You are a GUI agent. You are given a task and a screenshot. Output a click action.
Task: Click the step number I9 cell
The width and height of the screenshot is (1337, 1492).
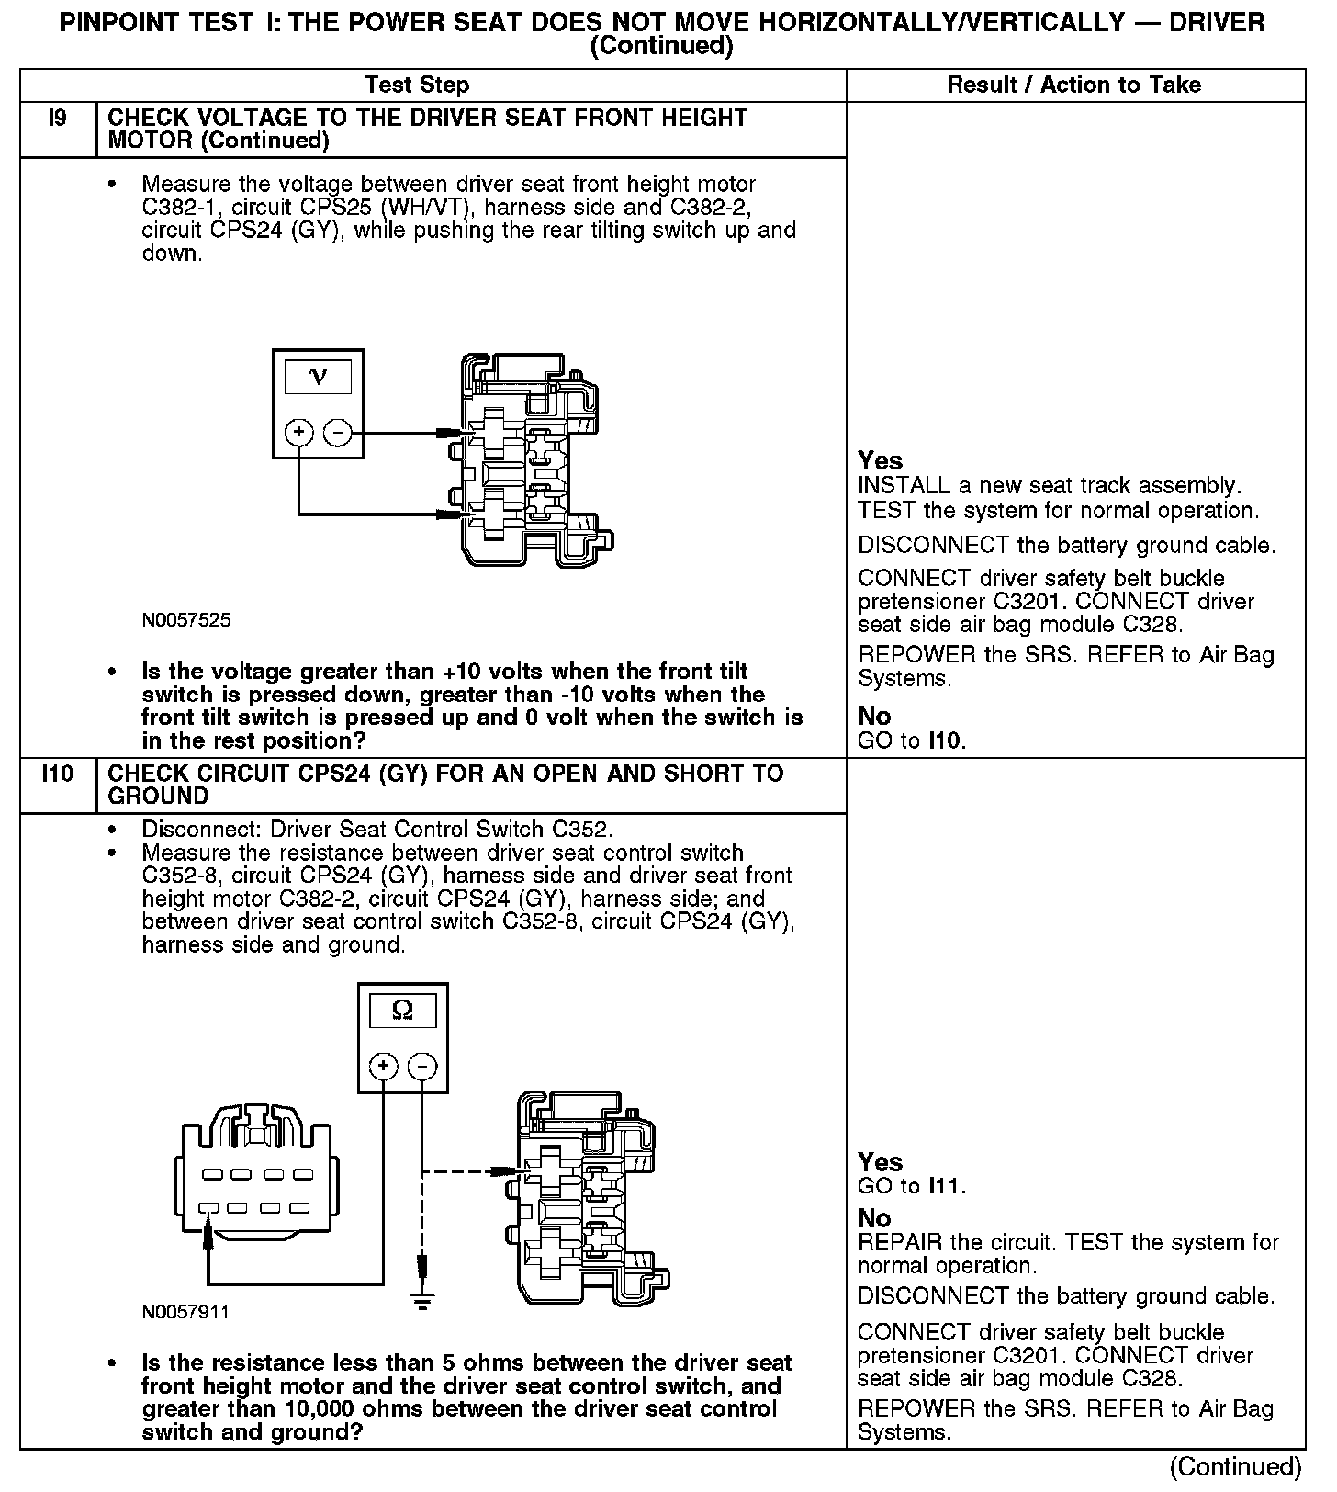point(57,119)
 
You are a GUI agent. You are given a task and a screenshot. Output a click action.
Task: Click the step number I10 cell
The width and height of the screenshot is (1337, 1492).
point(57,774)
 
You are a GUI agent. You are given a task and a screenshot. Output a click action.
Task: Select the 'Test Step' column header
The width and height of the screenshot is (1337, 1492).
point(417,85)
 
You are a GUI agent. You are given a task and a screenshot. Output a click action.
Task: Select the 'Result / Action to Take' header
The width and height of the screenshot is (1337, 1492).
point(1073,85)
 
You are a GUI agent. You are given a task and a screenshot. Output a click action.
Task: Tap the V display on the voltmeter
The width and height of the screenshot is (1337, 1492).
point(318,377)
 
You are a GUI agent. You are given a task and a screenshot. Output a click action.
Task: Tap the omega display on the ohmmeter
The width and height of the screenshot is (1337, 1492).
point(402,1011)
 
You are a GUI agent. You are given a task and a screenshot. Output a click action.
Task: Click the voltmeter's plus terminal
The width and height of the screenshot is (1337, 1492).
point(299,432)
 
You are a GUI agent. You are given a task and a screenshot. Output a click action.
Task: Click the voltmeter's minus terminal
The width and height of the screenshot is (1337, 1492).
point(338,432)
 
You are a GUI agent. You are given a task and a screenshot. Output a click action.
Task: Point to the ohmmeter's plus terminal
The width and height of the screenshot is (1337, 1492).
point(383,1066)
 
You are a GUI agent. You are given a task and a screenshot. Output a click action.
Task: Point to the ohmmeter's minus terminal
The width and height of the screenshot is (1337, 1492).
point(421,1066)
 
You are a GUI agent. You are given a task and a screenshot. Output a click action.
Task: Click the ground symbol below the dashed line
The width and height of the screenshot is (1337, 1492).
point(421,1298)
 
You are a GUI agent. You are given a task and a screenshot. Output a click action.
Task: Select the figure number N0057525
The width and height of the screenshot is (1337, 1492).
point(186,620)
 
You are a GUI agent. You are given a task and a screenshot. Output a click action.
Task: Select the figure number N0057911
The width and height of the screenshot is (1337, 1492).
point(185,1312)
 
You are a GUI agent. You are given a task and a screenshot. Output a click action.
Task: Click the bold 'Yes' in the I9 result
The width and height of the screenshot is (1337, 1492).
point(880,460)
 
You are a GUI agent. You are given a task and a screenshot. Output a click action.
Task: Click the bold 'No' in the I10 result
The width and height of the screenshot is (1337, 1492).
point(874,1218)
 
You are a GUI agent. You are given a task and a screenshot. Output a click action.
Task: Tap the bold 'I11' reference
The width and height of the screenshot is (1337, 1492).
point(946,1186)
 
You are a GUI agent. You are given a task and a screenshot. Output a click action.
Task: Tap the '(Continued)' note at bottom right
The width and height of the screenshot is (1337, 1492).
point(1236,1466)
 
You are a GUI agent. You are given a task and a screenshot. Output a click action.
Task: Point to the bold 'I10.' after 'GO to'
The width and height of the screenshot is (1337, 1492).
point(947,740)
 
